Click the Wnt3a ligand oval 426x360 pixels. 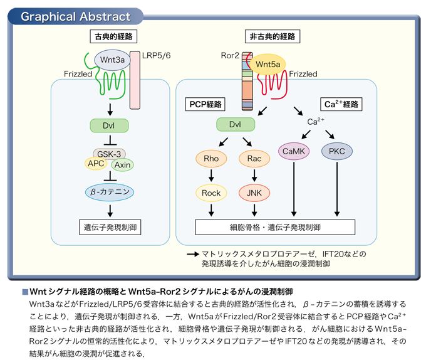tap(109, 60)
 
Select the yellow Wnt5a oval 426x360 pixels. tap(268, 64)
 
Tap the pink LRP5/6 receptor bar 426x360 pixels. tap(135, 79)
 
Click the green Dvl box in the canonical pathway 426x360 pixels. tap(110, 125)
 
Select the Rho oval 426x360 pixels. tap(211, 159)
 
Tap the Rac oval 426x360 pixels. tap(254, 159)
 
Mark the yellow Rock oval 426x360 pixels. tap(211, 193)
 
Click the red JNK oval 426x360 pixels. tap(254, 193)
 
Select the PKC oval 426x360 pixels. tap(337, 151)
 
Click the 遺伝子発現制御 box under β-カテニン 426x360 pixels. tap(110, 226)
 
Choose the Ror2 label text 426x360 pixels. tap(229, 56)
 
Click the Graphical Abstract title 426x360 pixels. tap(76, 16)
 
